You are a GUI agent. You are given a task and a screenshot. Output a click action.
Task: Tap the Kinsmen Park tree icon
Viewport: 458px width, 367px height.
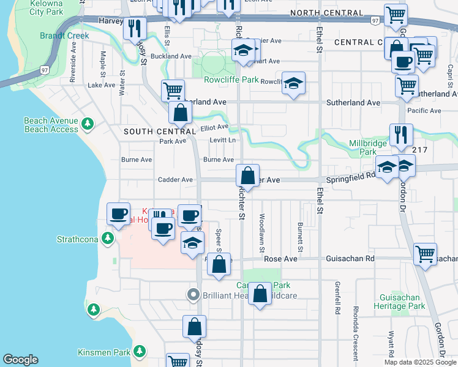tap(140, 352)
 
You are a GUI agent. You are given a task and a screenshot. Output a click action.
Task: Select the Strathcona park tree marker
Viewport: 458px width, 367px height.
tap(108, 237)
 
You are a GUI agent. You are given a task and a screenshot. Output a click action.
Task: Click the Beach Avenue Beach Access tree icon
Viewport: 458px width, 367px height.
tap(88, 124)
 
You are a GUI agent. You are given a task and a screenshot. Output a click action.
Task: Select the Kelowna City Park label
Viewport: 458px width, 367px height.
tap(37, 7)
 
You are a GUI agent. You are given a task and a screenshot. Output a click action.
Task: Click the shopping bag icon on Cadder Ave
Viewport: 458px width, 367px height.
tap(248, 175)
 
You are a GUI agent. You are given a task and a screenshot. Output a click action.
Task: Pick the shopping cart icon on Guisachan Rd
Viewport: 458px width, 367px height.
tap(425, 253)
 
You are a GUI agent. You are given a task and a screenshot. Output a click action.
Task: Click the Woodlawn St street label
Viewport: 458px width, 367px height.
tap(261, 232)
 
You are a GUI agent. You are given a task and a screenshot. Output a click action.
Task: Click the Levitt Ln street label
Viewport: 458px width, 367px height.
tap(223, 140)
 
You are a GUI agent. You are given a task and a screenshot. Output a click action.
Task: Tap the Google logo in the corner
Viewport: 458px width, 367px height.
tap(20, 360)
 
